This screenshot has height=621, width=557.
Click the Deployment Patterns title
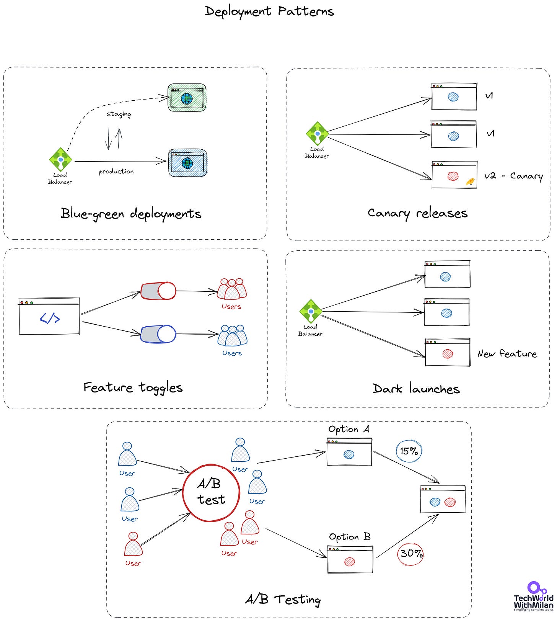click(x=269, y=11)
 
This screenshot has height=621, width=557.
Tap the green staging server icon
click(x=187, y=98)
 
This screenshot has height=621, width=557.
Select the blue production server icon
click(x=187, y=163)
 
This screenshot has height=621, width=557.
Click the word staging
click(x=119, y=114)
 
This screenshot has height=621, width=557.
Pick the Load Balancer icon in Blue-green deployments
click(x=60, y=159)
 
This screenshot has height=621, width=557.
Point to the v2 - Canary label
click(x=513, y=176)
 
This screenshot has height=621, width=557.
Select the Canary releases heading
click(x=417, y=213)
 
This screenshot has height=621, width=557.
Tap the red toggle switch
click(x=158, y=291)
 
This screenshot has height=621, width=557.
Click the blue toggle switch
click(x=158, y=334)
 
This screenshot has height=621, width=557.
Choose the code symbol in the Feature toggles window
click(x=50, y=318)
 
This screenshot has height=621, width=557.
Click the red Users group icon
click(x=232, y=289)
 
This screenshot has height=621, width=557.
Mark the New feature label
click(x=507, y=354)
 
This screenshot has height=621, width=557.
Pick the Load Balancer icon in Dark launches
click(x=311, y=311)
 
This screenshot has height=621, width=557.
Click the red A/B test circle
click(x=211, y=493)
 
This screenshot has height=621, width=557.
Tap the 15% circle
click(x=409, y=451)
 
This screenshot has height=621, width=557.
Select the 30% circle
click(x=410, y=554)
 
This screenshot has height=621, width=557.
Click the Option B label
click(x=350, y=537)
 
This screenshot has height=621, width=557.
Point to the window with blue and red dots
click(x=443, y=500)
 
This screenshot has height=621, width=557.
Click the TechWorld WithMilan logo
click(x=533, y=596)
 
